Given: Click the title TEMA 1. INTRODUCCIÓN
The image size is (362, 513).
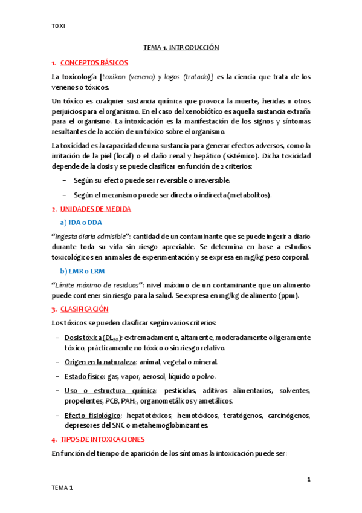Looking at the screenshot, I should click(181, 47).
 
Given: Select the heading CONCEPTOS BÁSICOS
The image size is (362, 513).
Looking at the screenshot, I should click(94, 63).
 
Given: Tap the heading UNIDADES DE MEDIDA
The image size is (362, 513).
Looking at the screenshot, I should click(95, 209).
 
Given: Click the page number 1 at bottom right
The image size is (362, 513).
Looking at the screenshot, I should click(308, 480).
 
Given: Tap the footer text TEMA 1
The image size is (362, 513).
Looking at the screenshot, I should click(62, 488).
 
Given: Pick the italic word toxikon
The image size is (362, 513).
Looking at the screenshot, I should click(118, 77).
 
